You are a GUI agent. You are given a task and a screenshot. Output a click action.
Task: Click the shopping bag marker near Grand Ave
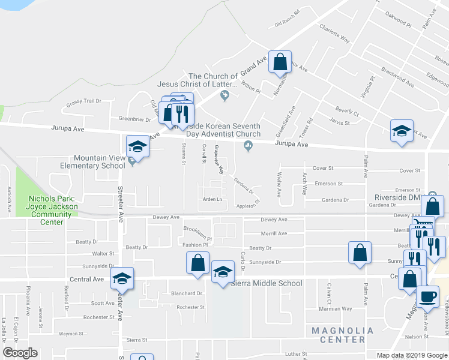click(280, 61)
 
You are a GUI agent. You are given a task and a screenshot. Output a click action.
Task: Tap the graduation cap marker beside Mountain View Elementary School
click(137, 146)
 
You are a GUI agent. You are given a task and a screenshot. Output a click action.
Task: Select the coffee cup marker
click(428, 296)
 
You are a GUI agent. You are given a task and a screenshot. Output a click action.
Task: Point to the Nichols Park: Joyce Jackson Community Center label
click(53, 210)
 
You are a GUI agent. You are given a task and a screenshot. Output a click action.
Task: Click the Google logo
click(20, 353)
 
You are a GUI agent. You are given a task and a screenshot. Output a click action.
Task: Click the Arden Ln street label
click(212, 199)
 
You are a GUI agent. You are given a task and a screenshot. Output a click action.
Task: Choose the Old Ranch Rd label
click(287, 24)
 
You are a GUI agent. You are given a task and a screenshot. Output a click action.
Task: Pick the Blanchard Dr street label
click(187, 293)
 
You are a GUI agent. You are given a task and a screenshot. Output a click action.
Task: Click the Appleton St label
click(247, 205)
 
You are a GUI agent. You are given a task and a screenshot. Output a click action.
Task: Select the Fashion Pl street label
click(196, 245)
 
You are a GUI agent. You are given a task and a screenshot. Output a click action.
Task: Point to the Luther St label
click(296, 354)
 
